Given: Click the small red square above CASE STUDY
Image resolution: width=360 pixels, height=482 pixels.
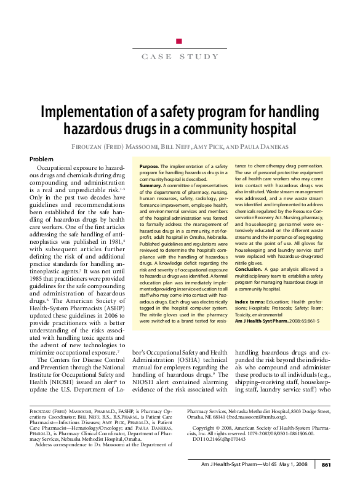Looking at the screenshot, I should (x=179, y=41).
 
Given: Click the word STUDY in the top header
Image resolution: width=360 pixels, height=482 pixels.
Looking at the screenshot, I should (x=198, y=57).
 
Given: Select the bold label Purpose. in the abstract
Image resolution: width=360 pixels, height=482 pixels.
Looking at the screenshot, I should (x=150, y=167).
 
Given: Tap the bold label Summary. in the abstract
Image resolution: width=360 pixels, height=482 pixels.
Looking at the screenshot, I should (x=151, y=185).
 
